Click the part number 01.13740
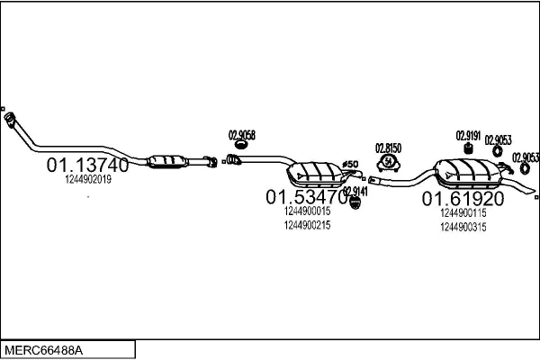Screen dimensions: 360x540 click(87, 166)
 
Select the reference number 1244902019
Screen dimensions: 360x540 click(88, 180)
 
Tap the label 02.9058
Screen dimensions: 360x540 click(242, 136)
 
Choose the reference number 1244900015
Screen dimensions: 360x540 click(307, 211)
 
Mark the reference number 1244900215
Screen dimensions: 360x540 click(307, 225)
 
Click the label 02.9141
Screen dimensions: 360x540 click(355, 192)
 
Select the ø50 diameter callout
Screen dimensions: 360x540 click(351, 163)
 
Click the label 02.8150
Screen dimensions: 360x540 click(388, 148)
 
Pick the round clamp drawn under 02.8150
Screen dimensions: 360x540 click(389, 162)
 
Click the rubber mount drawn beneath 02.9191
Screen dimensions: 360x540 click(469, 148)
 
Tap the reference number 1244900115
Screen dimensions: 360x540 click(463, 213)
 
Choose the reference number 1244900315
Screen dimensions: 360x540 click(463, 228)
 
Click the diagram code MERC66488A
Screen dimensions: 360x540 click(49, 348)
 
